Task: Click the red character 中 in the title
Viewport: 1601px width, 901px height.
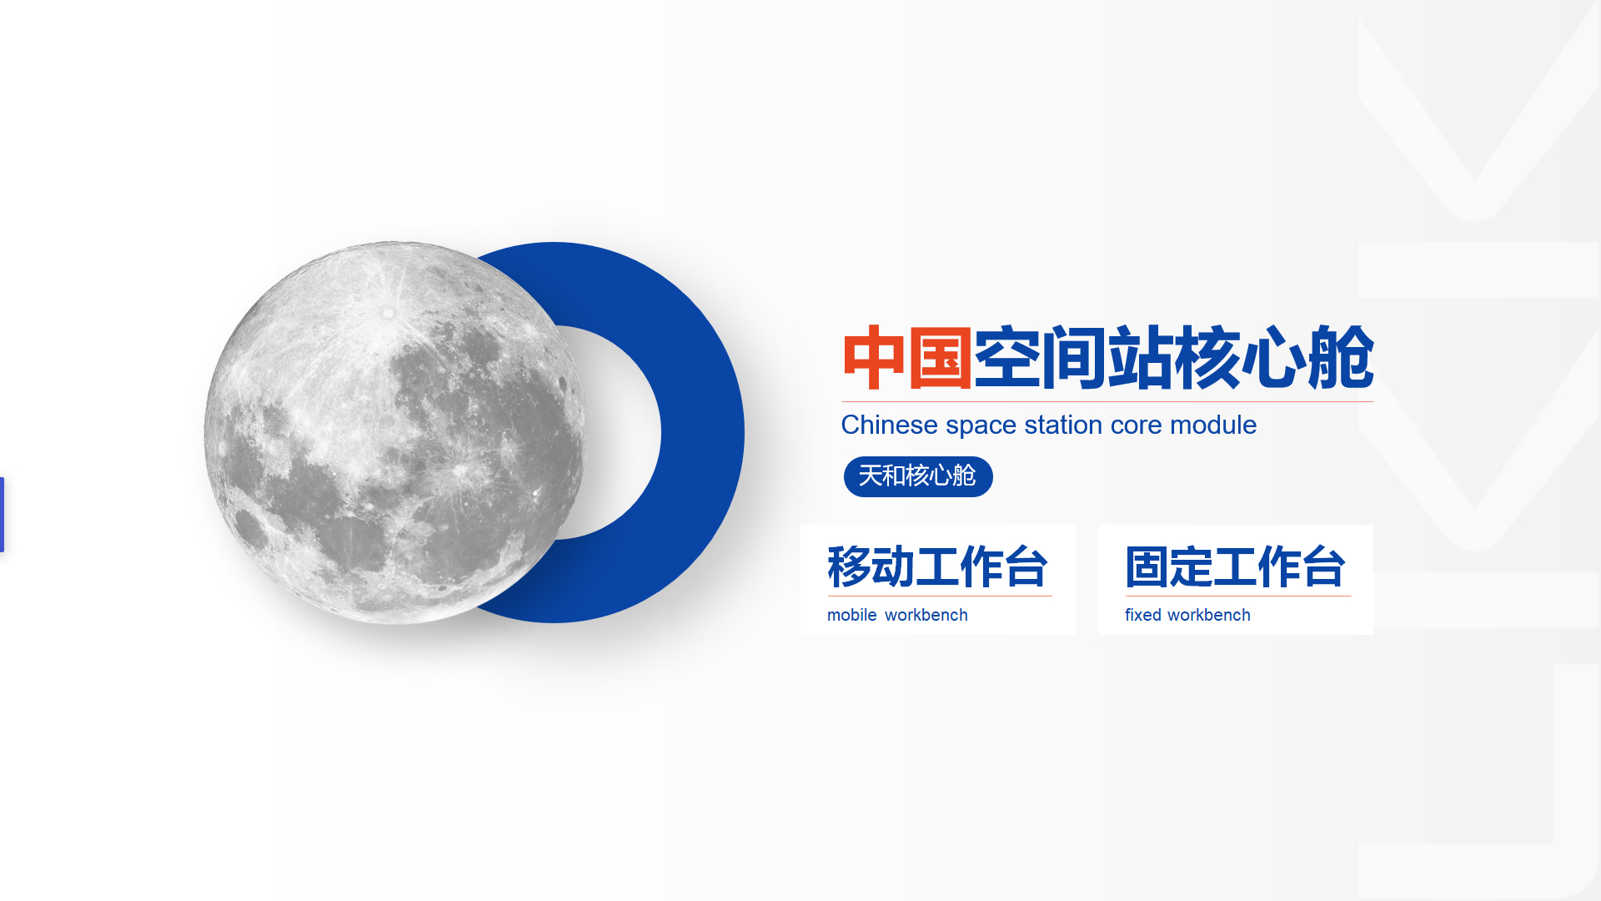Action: click(x=874, y=358)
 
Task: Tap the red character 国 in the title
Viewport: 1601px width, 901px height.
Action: click(x=940, y=358)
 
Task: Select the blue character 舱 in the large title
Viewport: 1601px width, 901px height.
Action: click(x=1340, y=358)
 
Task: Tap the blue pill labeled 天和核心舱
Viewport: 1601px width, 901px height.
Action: click(x=917, y=476)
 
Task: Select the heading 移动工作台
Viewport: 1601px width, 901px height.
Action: click(x=937, y=567)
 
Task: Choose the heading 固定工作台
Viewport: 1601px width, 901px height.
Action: click(x=1235, y=567)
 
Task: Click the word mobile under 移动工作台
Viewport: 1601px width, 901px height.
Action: click(x=851, y=616)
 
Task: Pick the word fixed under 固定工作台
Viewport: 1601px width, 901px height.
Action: click(x=1142, y=616)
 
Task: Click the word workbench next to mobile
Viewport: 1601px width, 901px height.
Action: click(x=926, y=616)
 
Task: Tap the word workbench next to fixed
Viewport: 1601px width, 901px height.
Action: click(x=1209, y=616)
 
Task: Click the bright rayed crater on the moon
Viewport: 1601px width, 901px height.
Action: click(x=388, y=313)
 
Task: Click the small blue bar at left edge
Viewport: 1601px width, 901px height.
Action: click(x=3, y=514)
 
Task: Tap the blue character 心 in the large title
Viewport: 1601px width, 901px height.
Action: click(x=1273, y=358)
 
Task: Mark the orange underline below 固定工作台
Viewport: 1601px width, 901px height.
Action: click(x=1237, y=596)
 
